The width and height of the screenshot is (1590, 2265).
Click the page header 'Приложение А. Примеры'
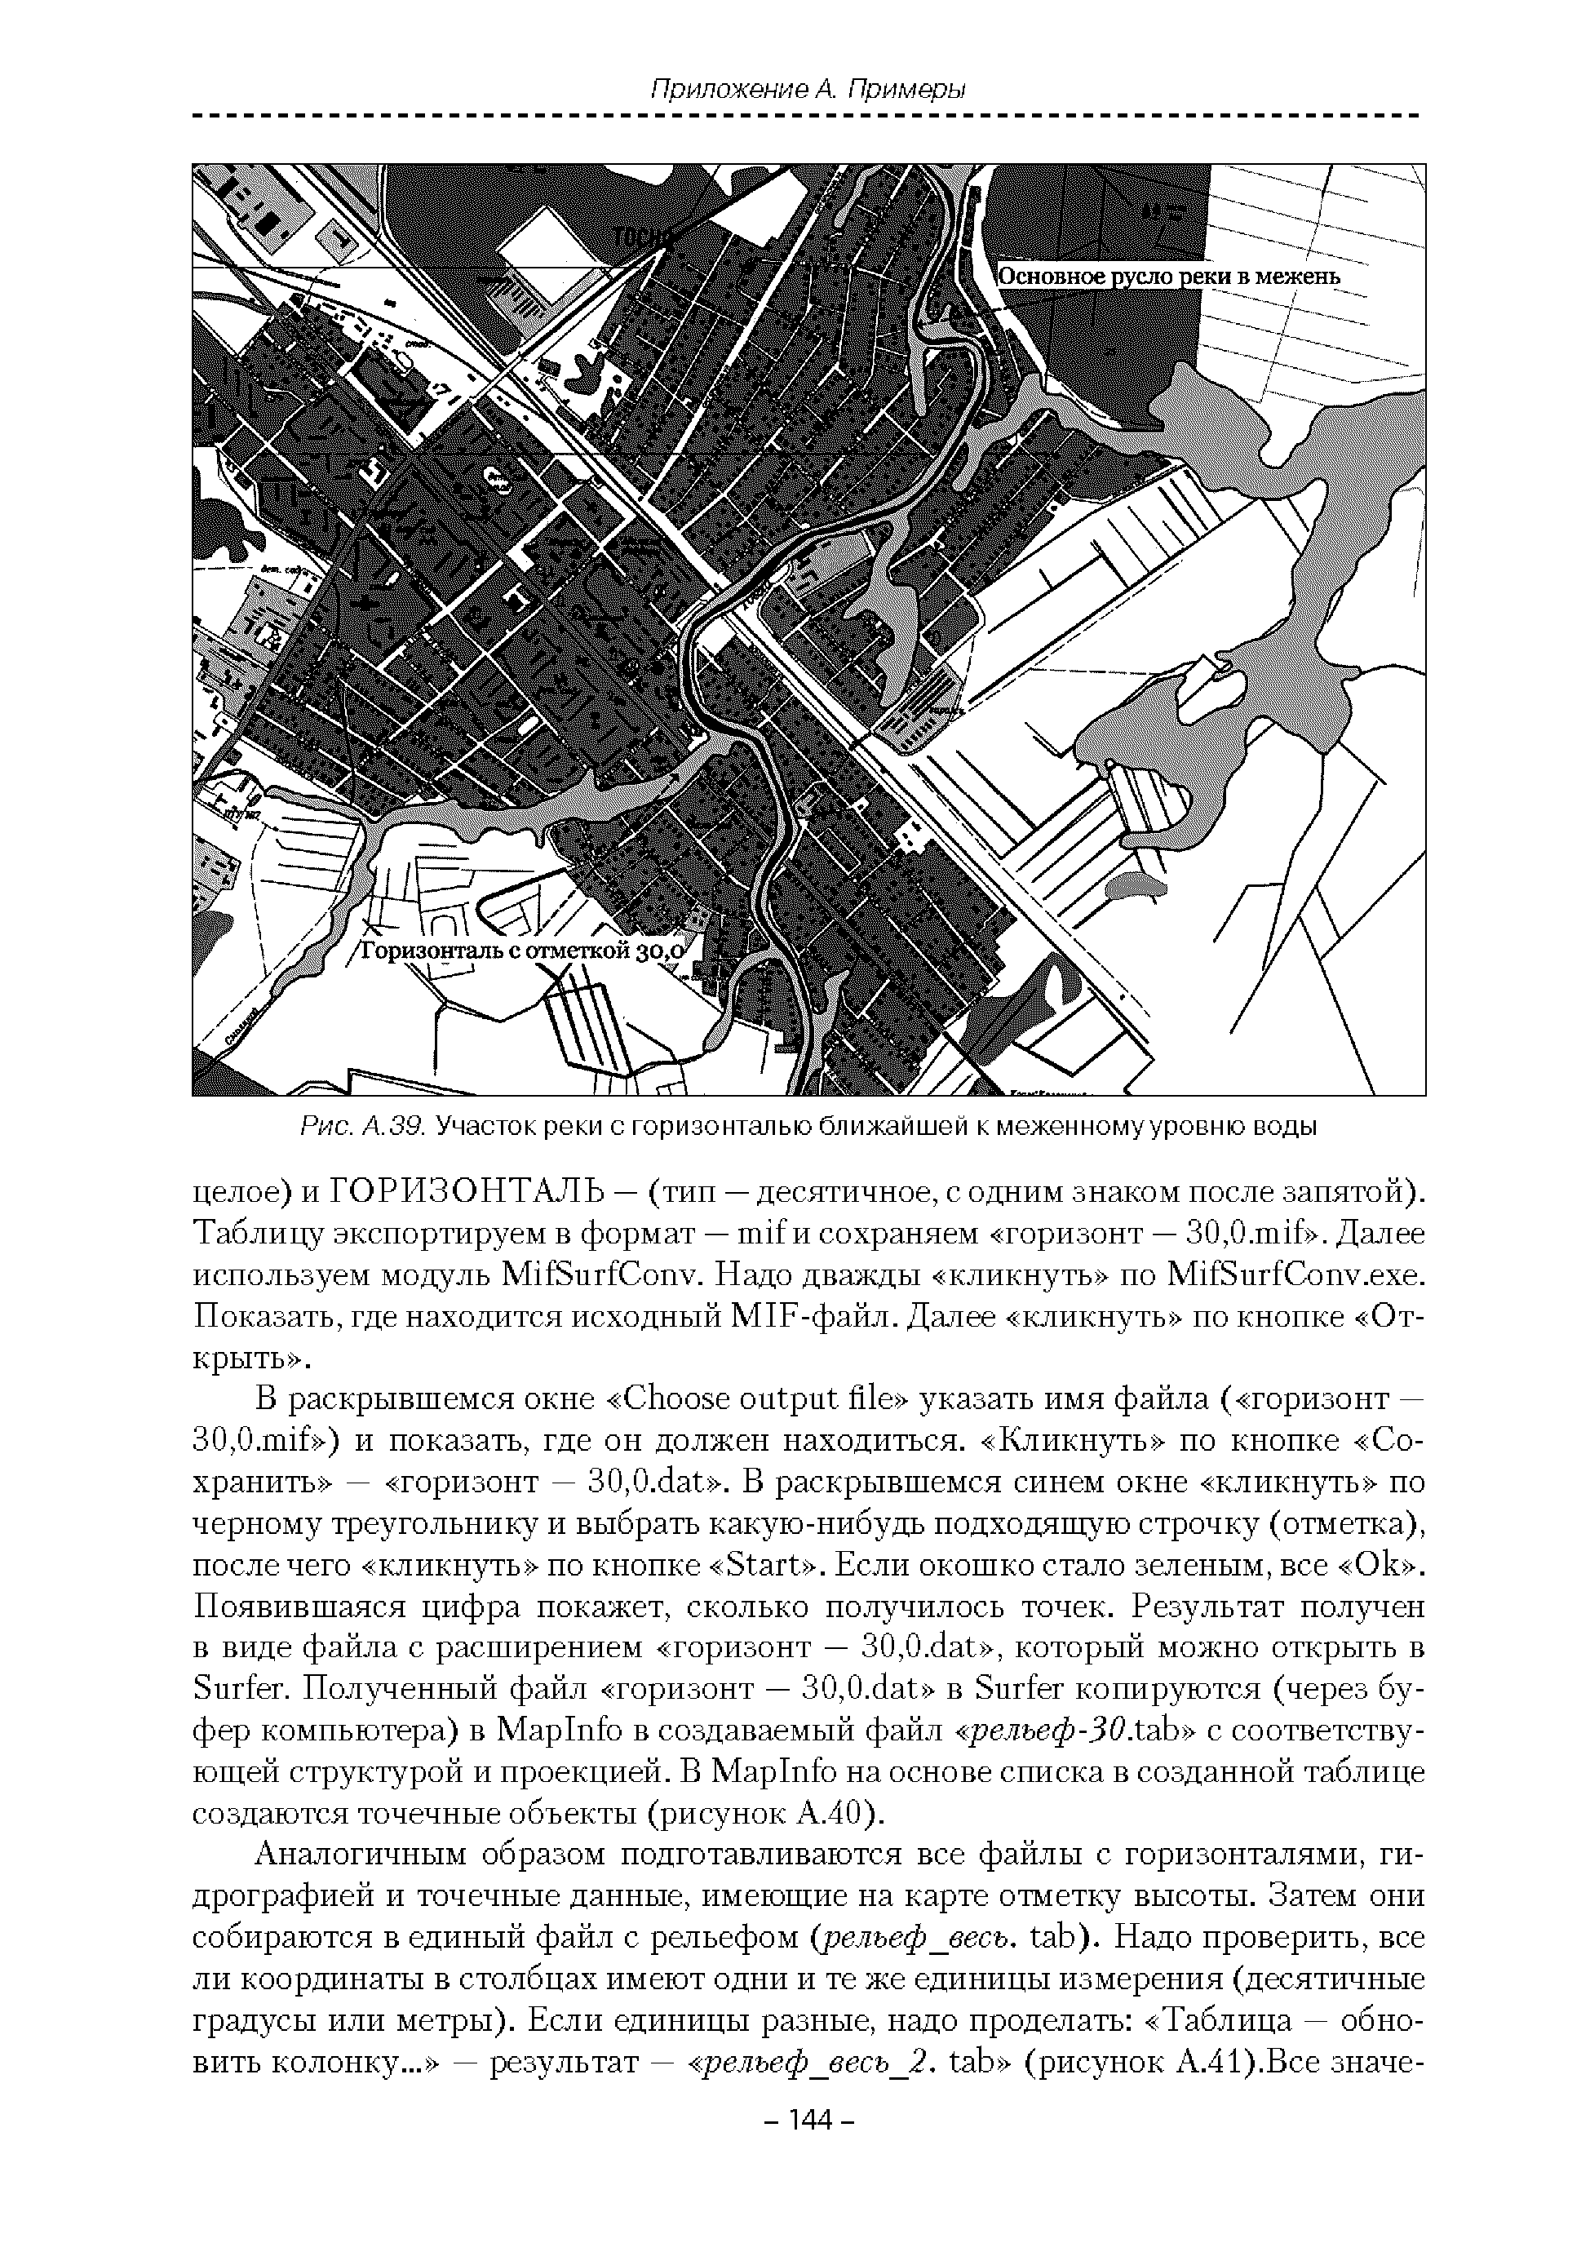(x=807, y=89)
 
